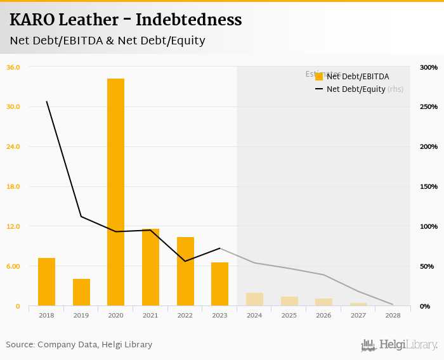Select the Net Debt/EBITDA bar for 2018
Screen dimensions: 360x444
pyautogui.click(x=46, y=281)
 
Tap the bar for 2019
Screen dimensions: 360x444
pyautogui.click(x=81, y=292)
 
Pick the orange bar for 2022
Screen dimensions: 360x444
pyautogui.click(x=185, y=271)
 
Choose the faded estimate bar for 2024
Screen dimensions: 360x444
pyautogui.click(x=254, y=299)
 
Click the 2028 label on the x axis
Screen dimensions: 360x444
pyautogui.click(x=393, y=315)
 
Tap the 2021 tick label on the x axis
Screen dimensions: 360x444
pyautogui.click(x=150, y=315)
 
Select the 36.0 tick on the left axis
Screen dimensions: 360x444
pyautogui.click(x=13, y=67)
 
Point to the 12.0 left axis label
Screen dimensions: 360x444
pyautogui.click(x=13, y=226)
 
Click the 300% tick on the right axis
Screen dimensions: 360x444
pyautogui.click(x=429, y=67)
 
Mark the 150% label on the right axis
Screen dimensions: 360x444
pyautogui.click(x=429, y=186)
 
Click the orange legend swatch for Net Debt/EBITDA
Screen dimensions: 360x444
pyautogui.click(x=319, y=77)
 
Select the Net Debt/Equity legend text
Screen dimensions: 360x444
pyautogui.click(x=356, y=89)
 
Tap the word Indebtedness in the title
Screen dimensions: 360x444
pyautogui.click(x=198, y=20)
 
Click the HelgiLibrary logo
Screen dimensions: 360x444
pyautogui.click(x=399, y=345)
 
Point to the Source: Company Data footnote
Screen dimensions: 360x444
pyautogui.click(x=79, y=345)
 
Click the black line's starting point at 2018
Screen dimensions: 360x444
pyautogui.click(x=46, y=101)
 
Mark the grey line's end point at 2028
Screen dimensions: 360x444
pyautogui.click(x=393, y=304)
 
